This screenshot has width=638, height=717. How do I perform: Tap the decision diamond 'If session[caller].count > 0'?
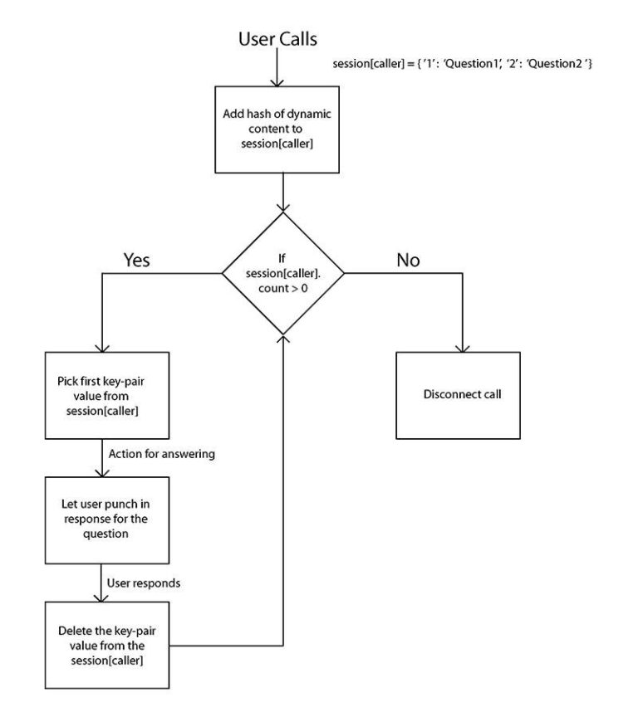(x=283, y=273)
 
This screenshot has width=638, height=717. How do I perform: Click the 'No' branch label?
(x=407, y=260)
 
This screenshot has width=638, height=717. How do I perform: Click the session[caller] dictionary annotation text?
(x=460, y=65)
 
